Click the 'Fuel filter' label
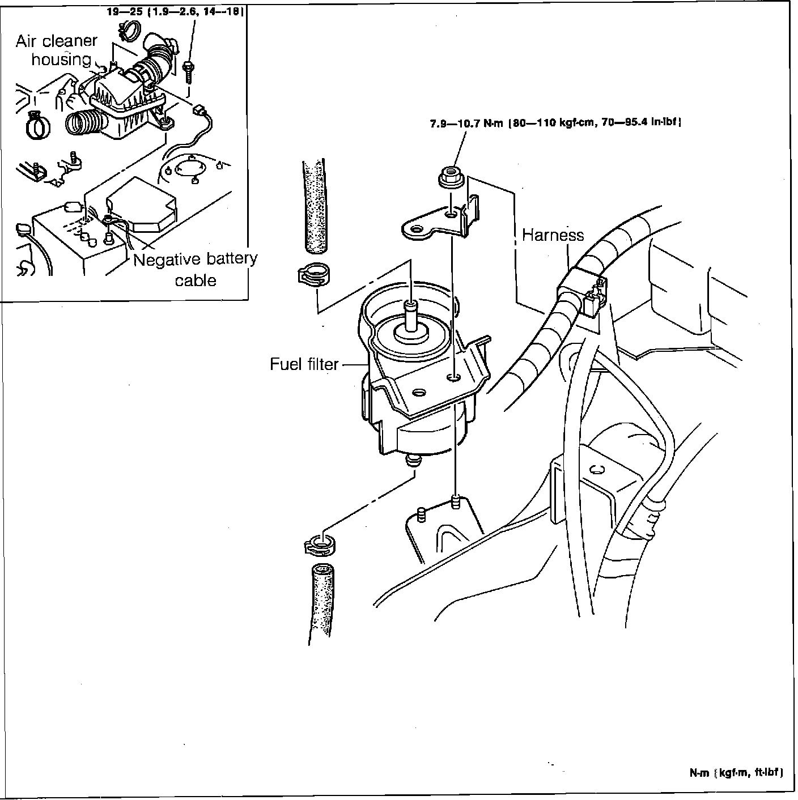click(304, 364)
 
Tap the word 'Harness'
click(553, 235)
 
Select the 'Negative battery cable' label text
click(196, 269)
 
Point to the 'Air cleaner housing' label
click(57, 50)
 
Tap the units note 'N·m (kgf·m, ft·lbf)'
click(736, 773)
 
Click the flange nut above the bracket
click(451, 178)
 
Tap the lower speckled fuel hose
click(320, 601)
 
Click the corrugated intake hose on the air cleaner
click(86, 124)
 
